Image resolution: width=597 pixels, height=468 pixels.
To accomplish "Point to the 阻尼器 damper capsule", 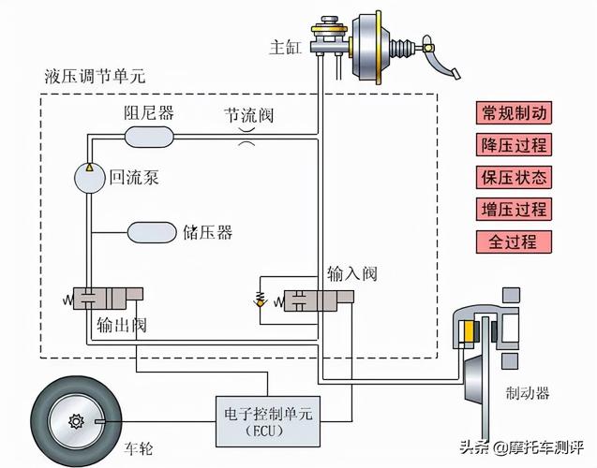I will pyautogui.click(x=149, y=137).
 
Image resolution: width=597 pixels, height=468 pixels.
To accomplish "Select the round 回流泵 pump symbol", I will pyautogui.click(x=89, y=177).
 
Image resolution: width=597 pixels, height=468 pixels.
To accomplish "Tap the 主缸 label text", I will pyautogui.click(x=284, y=48).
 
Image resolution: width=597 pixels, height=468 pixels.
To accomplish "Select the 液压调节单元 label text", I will pyautogui.click(x=95, y=75).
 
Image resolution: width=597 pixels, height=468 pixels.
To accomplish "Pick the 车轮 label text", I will pyautogui.click(x=138, y=449).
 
